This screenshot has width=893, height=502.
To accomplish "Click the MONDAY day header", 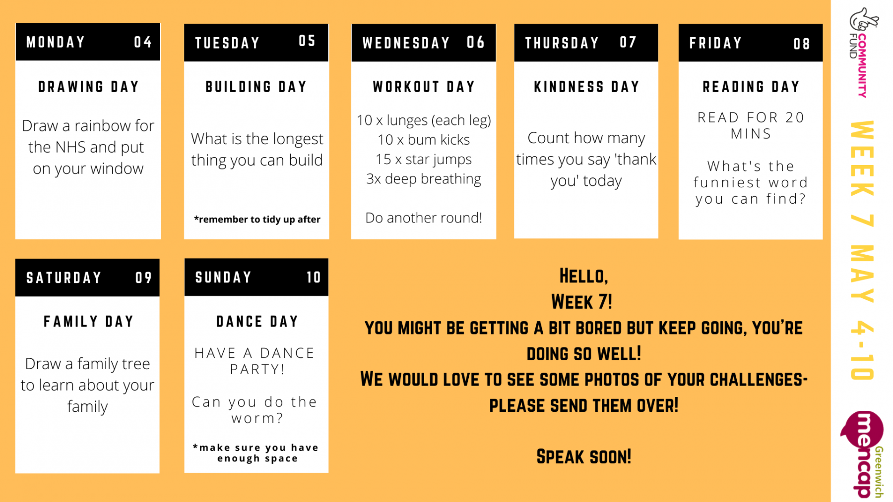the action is click(x=56, y=42).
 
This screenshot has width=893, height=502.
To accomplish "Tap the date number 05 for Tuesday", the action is click(x=307, y=41).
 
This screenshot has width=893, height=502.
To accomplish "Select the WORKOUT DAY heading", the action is click(x=424, y=87).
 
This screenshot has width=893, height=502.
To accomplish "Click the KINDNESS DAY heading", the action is click(x=586, y=87).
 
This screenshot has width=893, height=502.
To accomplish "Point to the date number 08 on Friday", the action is click(x=801, y=44).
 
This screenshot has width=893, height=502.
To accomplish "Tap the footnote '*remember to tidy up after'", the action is click(x=257, y=219).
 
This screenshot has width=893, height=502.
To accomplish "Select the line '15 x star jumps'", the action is click(x=424, y=159).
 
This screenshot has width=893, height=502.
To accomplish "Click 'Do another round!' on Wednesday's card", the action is click(x=424, y=218).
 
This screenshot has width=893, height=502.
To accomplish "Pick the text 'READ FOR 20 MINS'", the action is click(x=751, y=125).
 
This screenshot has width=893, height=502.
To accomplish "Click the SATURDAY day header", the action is click(x=64, y=278).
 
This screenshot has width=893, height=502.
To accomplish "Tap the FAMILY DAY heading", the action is click(x=88, y=322).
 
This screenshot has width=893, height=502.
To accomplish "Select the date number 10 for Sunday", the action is click(x=314, y=277).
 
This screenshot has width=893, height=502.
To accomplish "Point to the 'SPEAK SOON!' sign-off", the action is click(x=584, y=456).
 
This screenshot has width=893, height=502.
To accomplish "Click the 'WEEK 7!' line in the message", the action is click(x=582, y=302).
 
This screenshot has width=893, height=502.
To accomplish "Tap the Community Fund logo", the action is click(x=863, y=52).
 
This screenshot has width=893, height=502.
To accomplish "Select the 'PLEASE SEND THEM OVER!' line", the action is click(x=584, y=405).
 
